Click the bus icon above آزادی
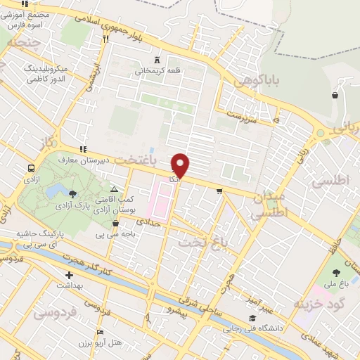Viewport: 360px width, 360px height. (x=31, y=169)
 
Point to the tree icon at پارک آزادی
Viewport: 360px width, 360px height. (x=73, y=193)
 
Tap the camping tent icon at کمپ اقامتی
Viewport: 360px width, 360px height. (x=114, y=189)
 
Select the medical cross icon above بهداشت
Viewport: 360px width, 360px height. (x=69, y=275)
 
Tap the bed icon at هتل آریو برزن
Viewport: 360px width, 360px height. (x=100, y=332)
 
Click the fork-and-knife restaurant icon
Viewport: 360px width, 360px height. (x=106, y=39)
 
